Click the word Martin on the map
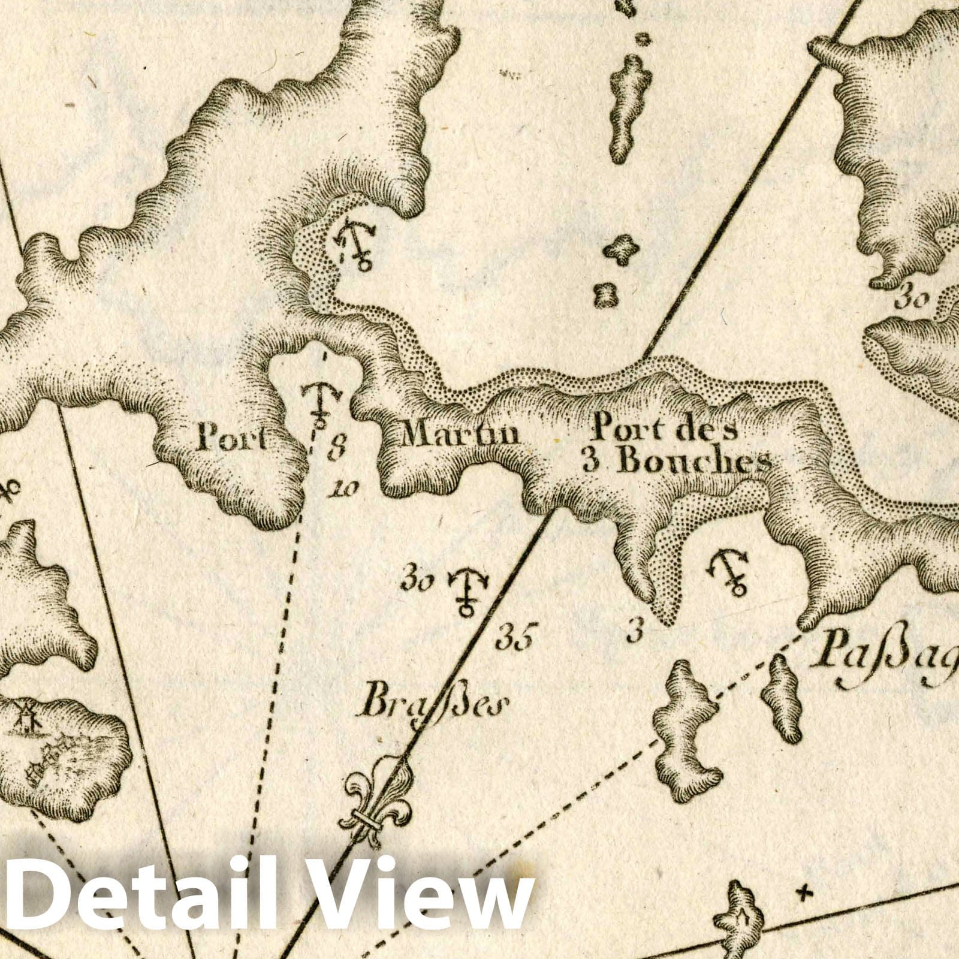pyautogui.click(x=460, y=433)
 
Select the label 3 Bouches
pyautogui.click(x=676, y=462)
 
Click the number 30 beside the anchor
pyautogui.click(x=418, y=582)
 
